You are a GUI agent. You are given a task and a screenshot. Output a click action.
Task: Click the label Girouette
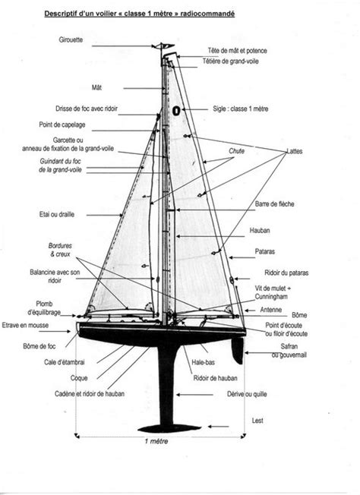[71, 39]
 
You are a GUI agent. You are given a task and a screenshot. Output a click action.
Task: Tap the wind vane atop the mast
[163, 46]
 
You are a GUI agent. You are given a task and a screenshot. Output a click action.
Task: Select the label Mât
[96, 87]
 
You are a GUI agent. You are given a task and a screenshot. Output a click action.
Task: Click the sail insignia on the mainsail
[176, 111]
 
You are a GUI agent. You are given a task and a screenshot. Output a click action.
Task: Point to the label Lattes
[295, 151]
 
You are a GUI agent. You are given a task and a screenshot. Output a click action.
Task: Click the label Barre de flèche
[274, 204]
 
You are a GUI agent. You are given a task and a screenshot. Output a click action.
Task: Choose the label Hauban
[260, 231]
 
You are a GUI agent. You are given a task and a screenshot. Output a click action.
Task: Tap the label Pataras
[264, 251]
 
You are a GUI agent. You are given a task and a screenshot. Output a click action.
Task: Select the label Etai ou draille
[57, 214]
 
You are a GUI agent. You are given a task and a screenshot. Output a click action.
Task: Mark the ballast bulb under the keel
[169, 428]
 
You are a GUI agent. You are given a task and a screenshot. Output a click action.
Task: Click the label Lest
[257, 421]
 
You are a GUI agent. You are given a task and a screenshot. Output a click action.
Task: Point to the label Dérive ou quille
[247, 394]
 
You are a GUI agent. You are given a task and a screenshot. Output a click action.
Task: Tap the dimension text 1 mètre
[156, 441]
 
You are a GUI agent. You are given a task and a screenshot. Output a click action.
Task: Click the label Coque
[79, 378]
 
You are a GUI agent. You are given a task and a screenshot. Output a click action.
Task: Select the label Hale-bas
[203, 362]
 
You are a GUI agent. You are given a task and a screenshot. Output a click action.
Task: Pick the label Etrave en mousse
[25, 325]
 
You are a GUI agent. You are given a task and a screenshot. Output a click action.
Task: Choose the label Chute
[236, 151]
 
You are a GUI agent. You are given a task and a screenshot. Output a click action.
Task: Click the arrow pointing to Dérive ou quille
[194, 395]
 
